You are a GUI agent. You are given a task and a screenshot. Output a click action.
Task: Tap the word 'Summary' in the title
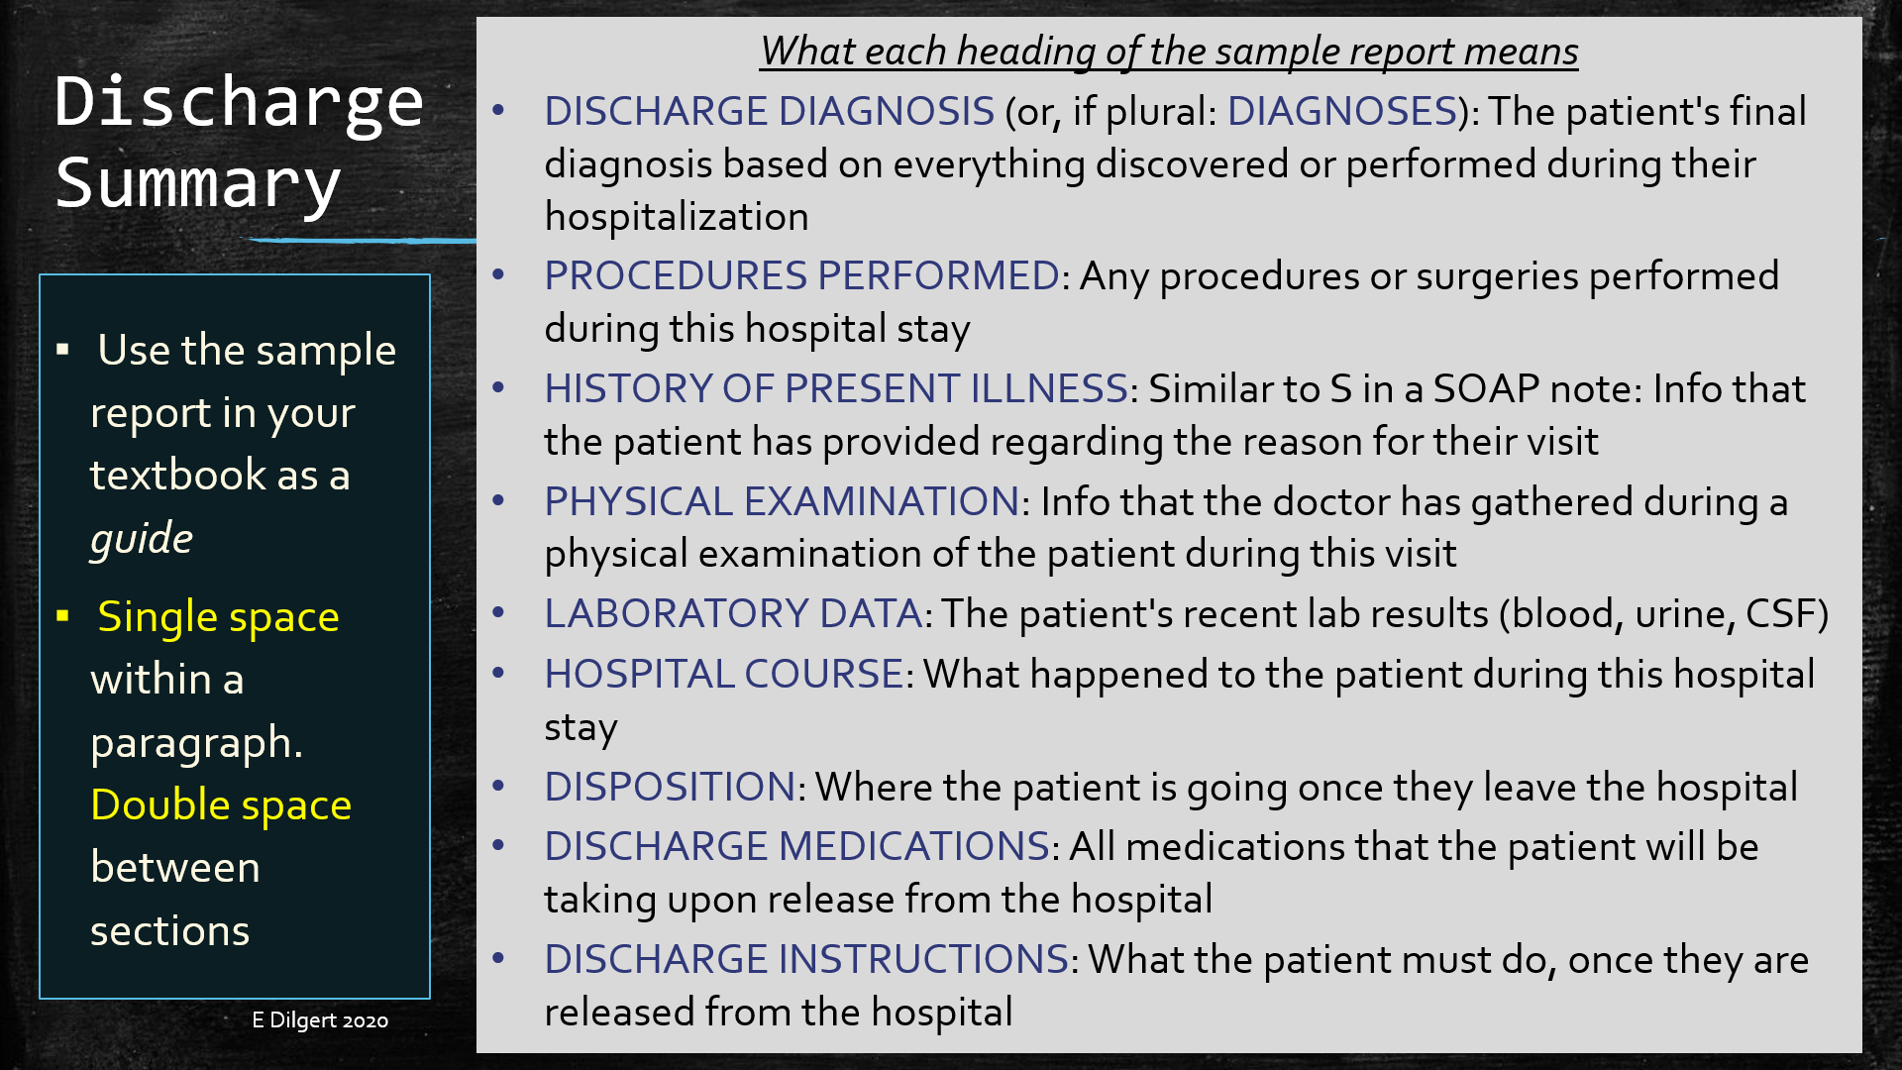point(198,185)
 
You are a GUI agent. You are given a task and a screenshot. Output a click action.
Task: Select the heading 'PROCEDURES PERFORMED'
point(802,276)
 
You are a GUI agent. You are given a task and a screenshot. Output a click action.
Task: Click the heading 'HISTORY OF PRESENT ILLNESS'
point(836,389)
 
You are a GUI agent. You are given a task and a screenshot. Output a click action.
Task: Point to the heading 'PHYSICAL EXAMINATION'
point(782,502)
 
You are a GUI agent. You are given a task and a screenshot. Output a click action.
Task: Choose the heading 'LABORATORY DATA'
point(733,614)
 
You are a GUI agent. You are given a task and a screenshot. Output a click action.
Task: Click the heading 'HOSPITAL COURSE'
point(724,675)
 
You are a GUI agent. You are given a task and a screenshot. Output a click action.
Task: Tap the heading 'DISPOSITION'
point(670,788)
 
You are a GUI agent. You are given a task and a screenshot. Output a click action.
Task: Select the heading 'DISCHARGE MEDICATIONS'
point(797,847)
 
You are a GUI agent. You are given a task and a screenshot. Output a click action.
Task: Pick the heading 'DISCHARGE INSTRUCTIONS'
point(806,960)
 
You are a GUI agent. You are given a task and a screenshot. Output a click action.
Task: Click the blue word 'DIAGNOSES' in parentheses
point(1342,112)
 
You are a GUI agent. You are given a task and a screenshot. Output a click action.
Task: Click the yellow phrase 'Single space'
point(218,617)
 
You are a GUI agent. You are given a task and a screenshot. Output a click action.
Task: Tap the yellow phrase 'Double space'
point(221,805)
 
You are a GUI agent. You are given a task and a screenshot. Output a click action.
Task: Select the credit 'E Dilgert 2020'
point(320,1020)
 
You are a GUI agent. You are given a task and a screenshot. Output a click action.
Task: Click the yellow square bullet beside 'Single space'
point(63,616)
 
